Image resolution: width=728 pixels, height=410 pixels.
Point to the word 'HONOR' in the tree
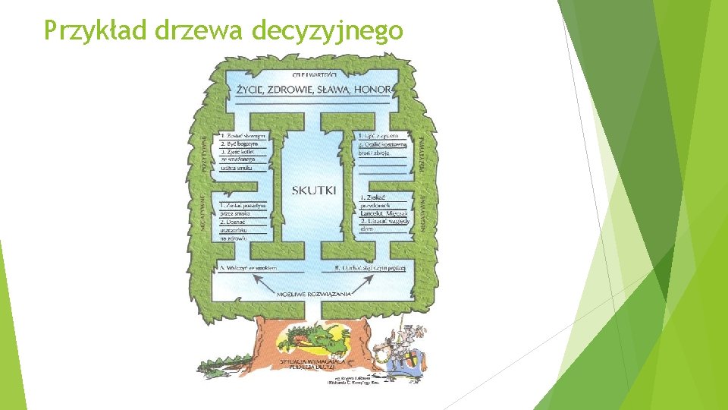374,90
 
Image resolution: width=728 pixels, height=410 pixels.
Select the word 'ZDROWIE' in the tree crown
298,90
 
